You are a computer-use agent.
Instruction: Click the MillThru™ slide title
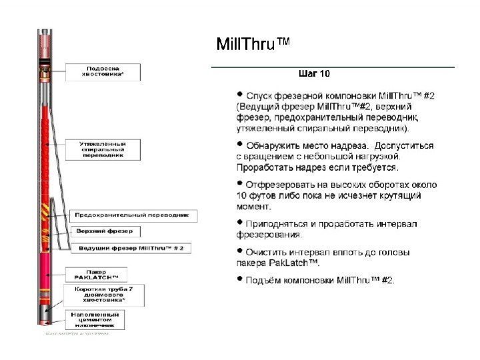pos(254,45)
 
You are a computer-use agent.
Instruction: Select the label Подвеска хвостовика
pos(104,71)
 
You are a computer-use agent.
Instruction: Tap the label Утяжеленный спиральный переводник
pos(104,149)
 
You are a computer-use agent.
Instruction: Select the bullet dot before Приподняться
pos(241,223)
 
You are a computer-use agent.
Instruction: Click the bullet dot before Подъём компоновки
pos(241,280)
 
